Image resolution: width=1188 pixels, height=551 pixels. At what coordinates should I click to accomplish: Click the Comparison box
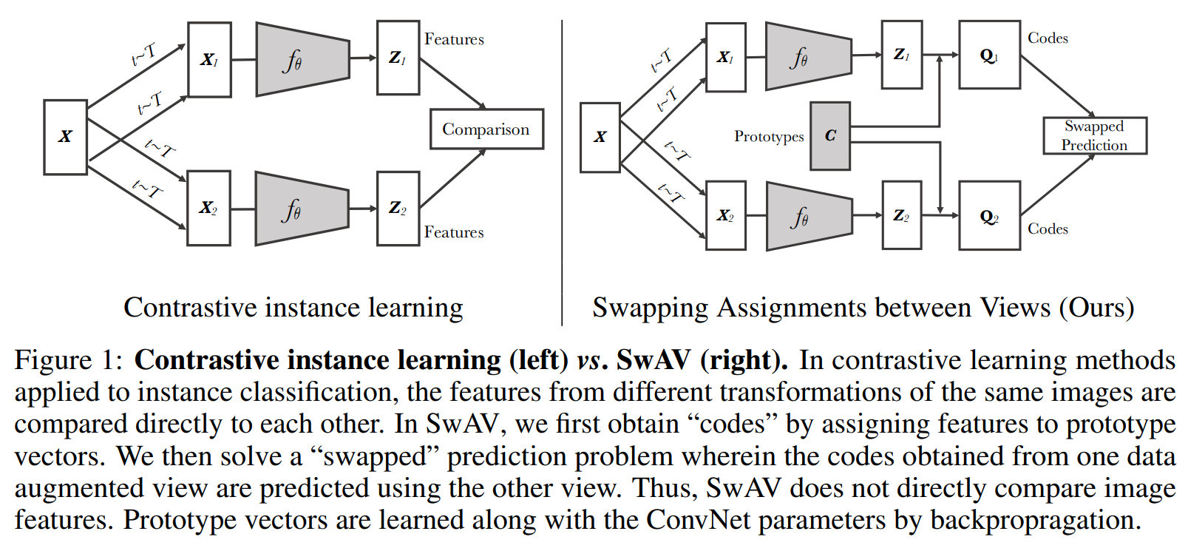[486, 129]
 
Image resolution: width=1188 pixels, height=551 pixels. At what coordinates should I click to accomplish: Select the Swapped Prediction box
[1094, 135]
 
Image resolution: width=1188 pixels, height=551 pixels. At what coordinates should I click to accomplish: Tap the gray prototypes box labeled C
[830, 136]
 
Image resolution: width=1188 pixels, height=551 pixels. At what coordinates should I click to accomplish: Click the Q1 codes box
[989, 55]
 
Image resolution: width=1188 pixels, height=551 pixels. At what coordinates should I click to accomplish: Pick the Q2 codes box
[989, 216]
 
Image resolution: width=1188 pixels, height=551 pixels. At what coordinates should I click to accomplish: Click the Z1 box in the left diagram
[398, 58]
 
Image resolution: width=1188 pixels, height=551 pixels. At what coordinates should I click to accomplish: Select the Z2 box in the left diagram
[398, 209]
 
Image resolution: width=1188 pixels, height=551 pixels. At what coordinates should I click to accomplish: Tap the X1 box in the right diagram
[725, 57]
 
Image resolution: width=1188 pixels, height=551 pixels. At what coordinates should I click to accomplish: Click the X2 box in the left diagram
[208, 208]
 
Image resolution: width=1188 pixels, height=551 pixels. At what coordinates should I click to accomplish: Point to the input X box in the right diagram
[600, 138]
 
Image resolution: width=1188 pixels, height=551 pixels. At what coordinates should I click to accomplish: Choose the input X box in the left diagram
[65, 137]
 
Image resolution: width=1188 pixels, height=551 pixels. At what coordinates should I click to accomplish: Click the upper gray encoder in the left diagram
[302, 59]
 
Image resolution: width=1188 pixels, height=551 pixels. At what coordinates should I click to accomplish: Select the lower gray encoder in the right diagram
[809, 216]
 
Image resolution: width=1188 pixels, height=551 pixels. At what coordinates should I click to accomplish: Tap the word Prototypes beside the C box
[769, 137]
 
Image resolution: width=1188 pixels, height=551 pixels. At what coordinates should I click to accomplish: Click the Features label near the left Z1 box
[454, 39]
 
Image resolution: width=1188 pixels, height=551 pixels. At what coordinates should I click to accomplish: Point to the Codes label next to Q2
[1048, 229]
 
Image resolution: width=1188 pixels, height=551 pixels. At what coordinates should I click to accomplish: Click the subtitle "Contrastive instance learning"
[293, 308]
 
